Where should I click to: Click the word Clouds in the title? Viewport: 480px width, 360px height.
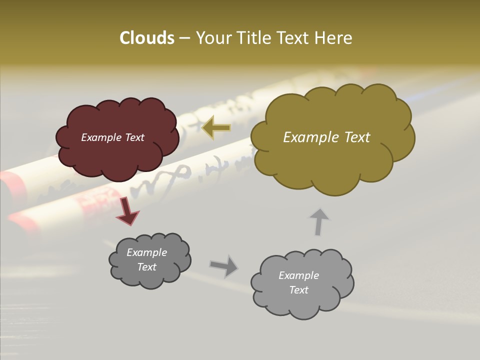[146, 38]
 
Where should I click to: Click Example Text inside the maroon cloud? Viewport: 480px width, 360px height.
[112, 137]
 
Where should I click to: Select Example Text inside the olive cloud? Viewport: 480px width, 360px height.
[326, 137]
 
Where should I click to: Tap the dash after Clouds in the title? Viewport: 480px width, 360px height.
[184, 38]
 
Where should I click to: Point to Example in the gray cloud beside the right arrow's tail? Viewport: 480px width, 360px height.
[146, 252]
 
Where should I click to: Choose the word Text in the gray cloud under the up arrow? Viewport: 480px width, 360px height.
[298, 290]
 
